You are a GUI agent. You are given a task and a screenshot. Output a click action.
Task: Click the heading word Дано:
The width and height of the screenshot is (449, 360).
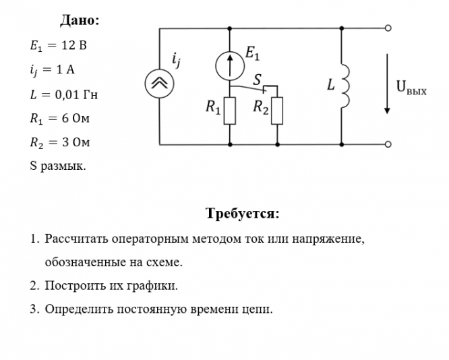coord(80,20)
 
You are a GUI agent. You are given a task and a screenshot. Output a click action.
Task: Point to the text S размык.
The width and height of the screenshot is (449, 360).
coord(58,166)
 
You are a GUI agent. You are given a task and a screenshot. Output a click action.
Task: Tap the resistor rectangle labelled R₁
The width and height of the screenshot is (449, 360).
coord(230,111)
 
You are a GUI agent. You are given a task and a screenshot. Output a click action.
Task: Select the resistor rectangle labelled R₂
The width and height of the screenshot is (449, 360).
coord(277,111)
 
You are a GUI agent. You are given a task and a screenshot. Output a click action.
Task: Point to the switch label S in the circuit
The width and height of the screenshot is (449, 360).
coord(256,80)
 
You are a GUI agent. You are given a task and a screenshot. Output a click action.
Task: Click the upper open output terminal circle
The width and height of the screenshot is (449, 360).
coord(388,28)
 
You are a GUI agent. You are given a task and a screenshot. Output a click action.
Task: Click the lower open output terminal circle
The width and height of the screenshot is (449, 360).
coord(388,144)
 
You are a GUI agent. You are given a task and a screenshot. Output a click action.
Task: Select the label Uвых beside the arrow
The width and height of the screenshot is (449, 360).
coord(411,88)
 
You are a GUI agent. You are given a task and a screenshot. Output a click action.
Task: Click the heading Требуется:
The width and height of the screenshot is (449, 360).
coord(242,214)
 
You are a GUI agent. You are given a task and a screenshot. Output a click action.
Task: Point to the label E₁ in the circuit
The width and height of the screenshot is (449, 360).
coord(254,51)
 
